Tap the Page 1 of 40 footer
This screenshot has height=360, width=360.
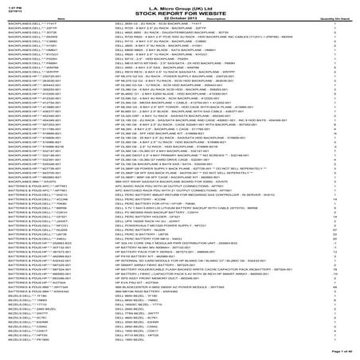(x=342, y=351)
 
